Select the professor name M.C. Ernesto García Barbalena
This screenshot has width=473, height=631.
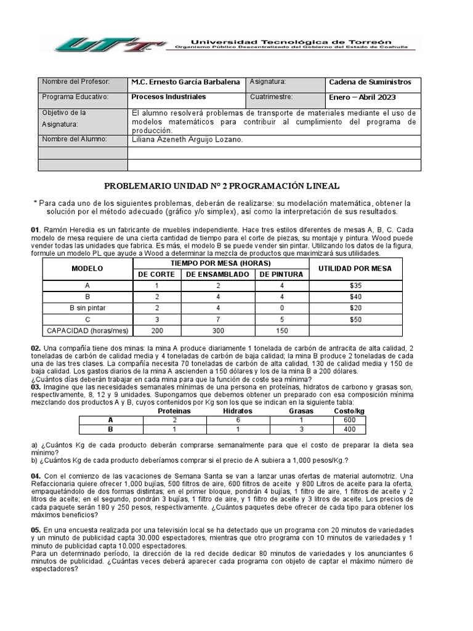coord(186,82)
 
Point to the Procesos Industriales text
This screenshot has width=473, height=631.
coord(169,97)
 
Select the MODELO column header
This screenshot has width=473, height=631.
coord(87,269)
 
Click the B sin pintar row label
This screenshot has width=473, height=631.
coord(87,308)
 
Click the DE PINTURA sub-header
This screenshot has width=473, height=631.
coord(280,275)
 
